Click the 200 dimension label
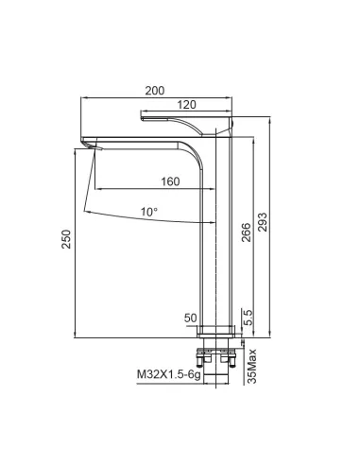(x=155, y=91)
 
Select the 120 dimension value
(x=186, y=105)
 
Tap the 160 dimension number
(x=170, y=181)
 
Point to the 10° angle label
(x=149, y=212)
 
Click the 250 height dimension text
(x=66, y=239)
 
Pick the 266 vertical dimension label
(x=246, y=232)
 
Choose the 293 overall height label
(x=262, y=222)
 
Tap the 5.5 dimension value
(x=249, y=318)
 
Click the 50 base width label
(x=191, y=319)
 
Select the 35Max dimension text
(x=252, y=366)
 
